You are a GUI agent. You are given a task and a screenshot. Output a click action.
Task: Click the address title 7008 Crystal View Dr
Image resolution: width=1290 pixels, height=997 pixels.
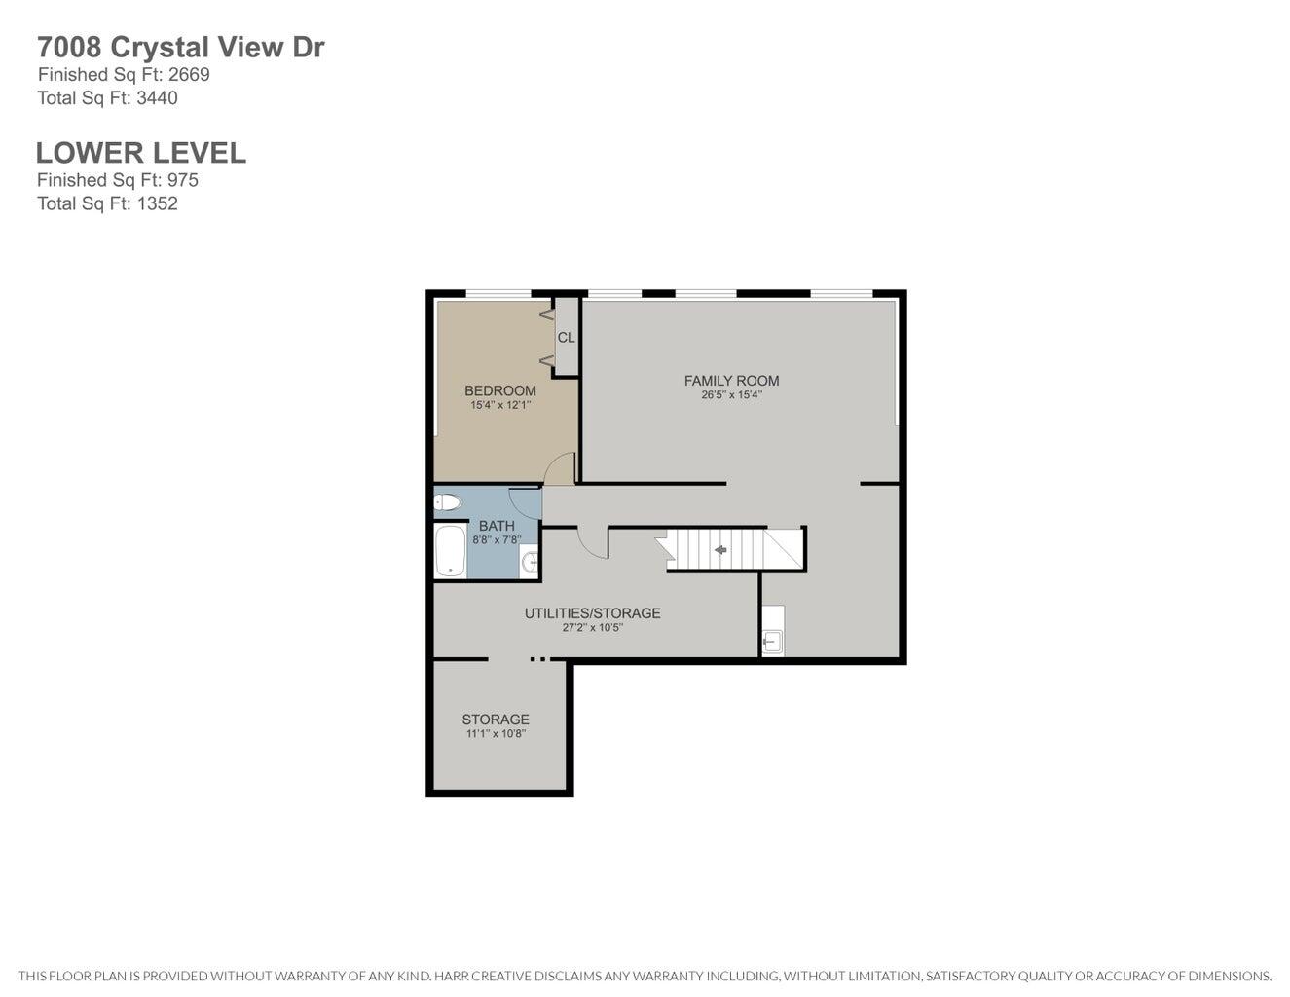(180, 47)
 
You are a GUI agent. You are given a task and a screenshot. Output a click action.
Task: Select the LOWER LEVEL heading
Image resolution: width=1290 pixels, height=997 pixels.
(140, 153)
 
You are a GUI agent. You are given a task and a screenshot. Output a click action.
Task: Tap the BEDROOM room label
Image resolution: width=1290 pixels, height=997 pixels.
(499, 390)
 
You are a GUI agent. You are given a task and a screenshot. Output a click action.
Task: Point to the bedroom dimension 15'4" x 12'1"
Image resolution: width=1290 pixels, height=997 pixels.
(500, 405)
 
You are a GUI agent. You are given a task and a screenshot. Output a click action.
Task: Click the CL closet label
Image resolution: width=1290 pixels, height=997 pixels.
(566, 338)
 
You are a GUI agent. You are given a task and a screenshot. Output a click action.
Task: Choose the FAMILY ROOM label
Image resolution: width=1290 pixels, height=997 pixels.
(731, 381)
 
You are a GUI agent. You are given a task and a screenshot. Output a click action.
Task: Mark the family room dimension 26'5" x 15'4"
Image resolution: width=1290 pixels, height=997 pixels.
(731, 395)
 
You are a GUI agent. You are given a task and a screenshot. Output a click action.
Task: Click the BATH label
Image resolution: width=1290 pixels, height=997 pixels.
(497, 526)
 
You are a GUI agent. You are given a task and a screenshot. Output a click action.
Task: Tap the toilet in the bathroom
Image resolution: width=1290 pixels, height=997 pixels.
(447, 502)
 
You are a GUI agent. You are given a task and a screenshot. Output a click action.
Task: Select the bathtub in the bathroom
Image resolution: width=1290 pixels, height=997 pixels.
(449, 552)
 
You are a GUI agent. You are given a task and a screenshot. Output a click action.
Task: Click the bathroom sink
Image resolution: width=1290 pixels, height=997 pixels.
(530, 562)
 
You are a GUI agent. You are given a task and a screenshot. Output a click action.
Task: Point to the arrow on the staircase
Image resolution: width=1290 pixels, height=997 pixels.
(720, 551)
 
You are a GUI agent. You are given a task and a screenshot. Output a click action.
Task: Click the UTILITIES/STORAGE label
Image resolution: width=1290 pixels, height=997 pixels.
(592, 613)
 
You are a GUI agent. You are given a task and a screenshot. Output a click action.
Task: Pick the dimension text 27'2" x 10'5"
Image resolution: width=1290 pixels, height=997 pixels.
(592, 628)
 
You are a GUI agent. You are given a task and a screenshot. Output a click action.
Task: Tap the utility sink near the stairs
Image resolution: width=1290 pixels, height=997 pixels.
(772, 640)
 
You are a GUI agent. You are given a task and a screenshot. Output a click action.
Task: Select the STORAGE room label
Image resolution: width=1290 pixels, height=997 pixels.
(496, 720)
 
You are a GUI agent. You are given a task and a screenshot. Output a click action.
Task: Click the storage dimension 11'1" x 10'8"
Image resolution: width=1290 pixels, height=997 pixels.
(496, 734)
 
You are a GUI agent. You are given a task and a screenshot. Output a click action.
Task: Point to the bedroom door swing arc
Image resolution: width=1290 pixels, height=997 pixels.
(559, 468)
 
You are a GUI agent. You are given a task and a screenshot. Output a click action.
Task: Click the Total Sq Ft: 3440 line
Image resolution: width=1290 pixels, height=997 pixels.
(107, 98)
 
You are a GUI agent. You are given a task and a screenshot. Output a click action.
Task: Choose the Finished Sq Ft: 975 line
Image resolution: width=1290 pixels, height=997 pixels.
(118, 180)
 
